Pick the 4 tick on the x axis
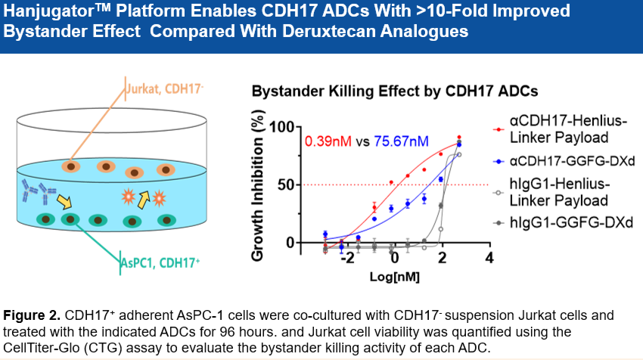tap(489, 259)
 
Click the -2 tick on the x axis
tap(347, 259)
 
